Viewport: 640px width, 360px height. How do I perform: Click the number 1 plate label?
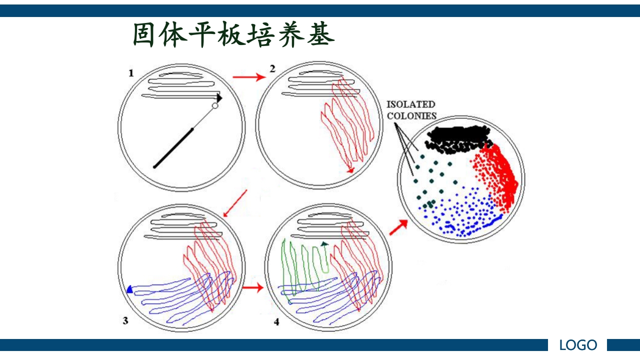[x=131, y=73]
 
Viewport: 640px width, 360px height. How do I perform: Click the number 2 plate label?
[x=272, y=69]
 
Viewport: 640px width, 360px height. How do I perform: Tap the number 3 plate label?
[x=125, y=320]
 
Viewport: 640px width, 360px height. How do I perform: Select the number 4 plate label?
[x=276, y=321]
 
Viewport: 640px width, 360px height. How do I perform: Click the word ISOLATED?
[x=410, y=104]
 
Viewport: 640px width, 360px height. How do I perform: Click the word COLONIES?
[x=411, y=116]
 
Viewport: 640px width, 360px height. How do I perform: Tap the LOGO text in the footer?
[x=578, y=345]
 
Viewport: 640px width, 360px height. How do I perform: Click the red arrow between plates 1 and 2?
[x=249, y=77]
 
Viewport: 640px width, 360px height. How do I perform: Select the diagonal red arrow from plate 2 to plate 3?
[x=234, y=203]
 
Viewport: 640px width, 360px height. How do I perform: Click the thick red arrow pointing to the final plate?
[x=399, y=227]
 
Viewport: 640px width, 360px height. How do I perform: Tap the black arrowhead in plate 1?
[x=219, y=98]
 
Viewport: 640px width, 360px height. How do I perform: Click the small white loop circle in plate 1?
[x=215, y=106]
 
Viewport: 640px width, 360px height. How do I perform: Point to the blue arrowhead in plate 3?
[x=130, y=289]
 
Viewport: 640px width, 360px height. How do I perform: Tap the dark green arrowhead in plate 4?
[x=324, y=243]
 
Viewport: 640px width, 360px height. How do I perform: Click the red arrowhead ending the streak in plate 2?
[x=351, y=170]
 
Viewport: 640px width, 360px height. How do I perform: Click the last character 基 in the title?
[x=321, y=35]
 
